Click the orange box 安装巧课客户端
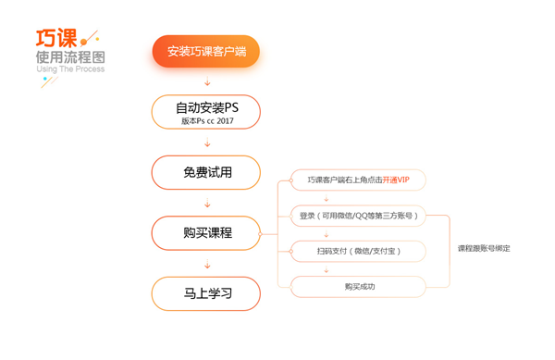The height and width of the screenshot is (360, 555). (x=206, y=51)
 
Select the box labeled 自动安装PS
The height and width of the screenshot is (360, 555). (x=206, y=107)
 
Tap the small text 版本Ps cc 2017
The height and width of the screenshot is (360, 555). (x=207, y=121)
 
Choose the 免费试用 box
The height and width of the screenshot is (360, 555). (x=206, y=172)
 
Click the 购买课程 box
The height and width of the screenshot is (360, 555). (x=206, y=233)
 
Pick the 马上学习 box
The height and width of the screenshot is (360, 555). (x=206, y=294)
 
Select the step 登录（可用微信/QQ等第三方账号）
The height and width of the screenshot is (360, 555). (x=359, y=216)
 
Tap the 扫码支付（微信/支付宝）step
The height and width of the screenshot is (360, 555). (x=359, y=251)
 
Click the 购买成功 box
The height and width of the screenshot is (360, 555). (x=359, y=287)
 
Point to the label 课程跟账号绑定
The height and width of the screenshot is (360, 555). (x=484, y=249)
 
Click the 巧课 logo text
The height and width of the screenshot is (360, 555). (x=56, y=38)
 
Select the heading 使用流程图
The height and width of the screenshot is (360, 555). (x=69, y=57)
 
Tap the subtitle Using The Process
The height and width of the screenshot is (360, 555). (x=70, y=70)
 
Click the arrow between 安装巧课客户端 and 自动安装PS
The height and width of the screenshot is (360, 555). (x=206, y=81)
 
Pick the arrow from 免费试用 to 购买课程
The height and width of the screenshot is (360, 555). (x=206, y=203)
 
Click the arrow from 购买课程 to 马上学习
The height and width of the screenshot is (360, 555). (x=206, y=264)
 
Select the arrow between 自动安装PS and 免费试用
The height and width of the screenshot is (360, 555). (x=206, y=143)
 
